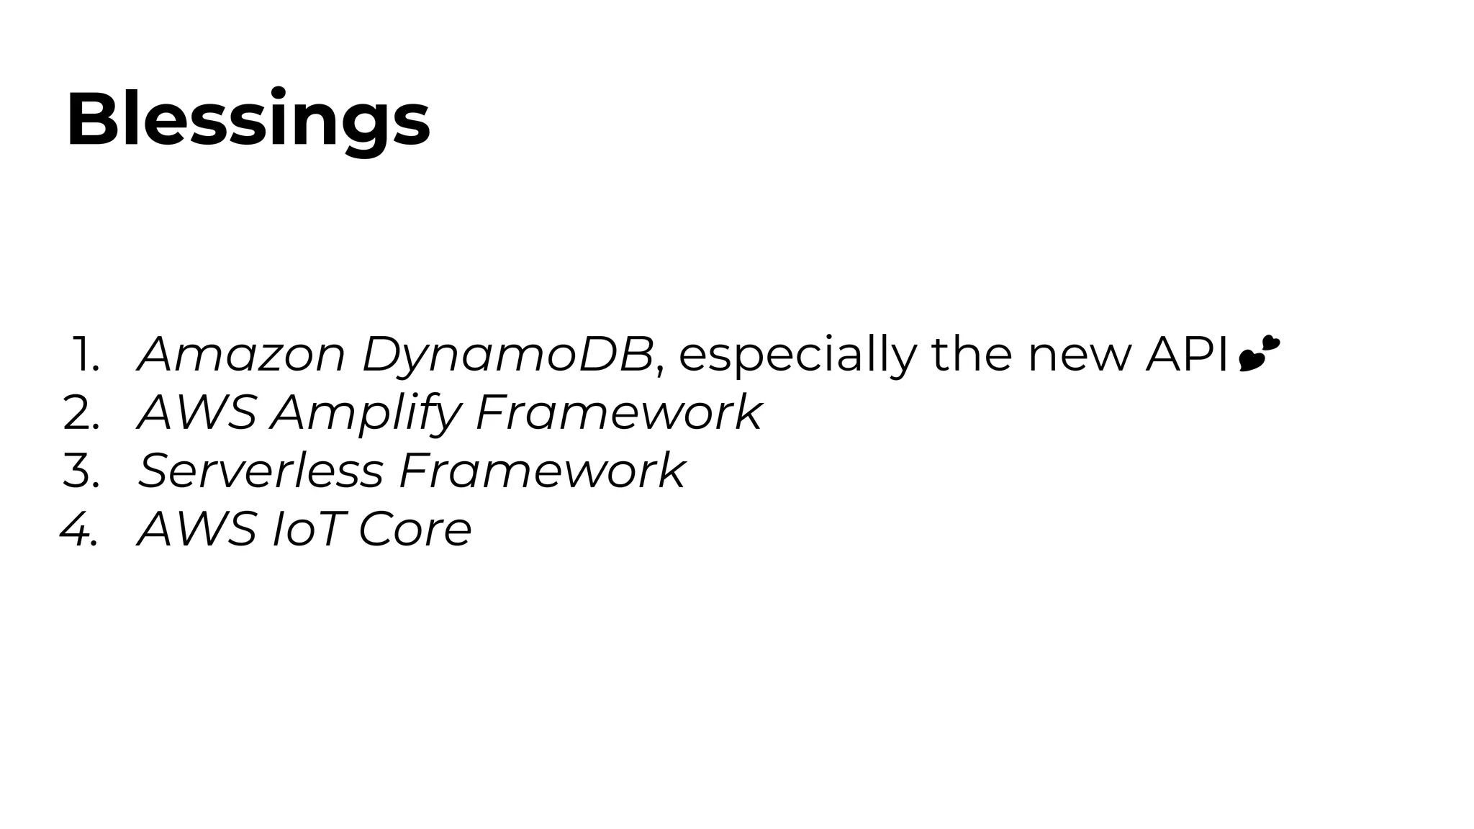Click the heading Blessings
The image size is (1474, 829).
248,119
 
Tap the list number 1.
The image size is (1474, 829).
86,355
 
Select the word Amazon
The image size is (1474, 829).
242,355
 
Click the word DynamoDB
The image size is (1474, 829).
507,355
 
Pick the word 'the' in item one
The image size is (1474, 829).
972,355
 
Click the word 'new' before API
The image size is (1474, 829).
1079,355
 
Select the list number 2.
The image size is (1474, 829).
81,413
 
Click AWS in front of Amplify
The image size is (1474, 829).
196,413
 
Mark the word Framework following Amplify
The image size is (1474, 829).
618,413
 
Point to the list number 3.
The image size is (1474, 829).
81,471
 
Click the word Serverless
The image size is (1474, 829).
261,471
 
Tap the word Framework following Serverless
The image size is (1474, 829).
541,471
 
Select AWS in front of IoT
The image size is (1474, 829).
196,530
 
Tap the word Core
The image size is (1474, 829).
415,530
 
